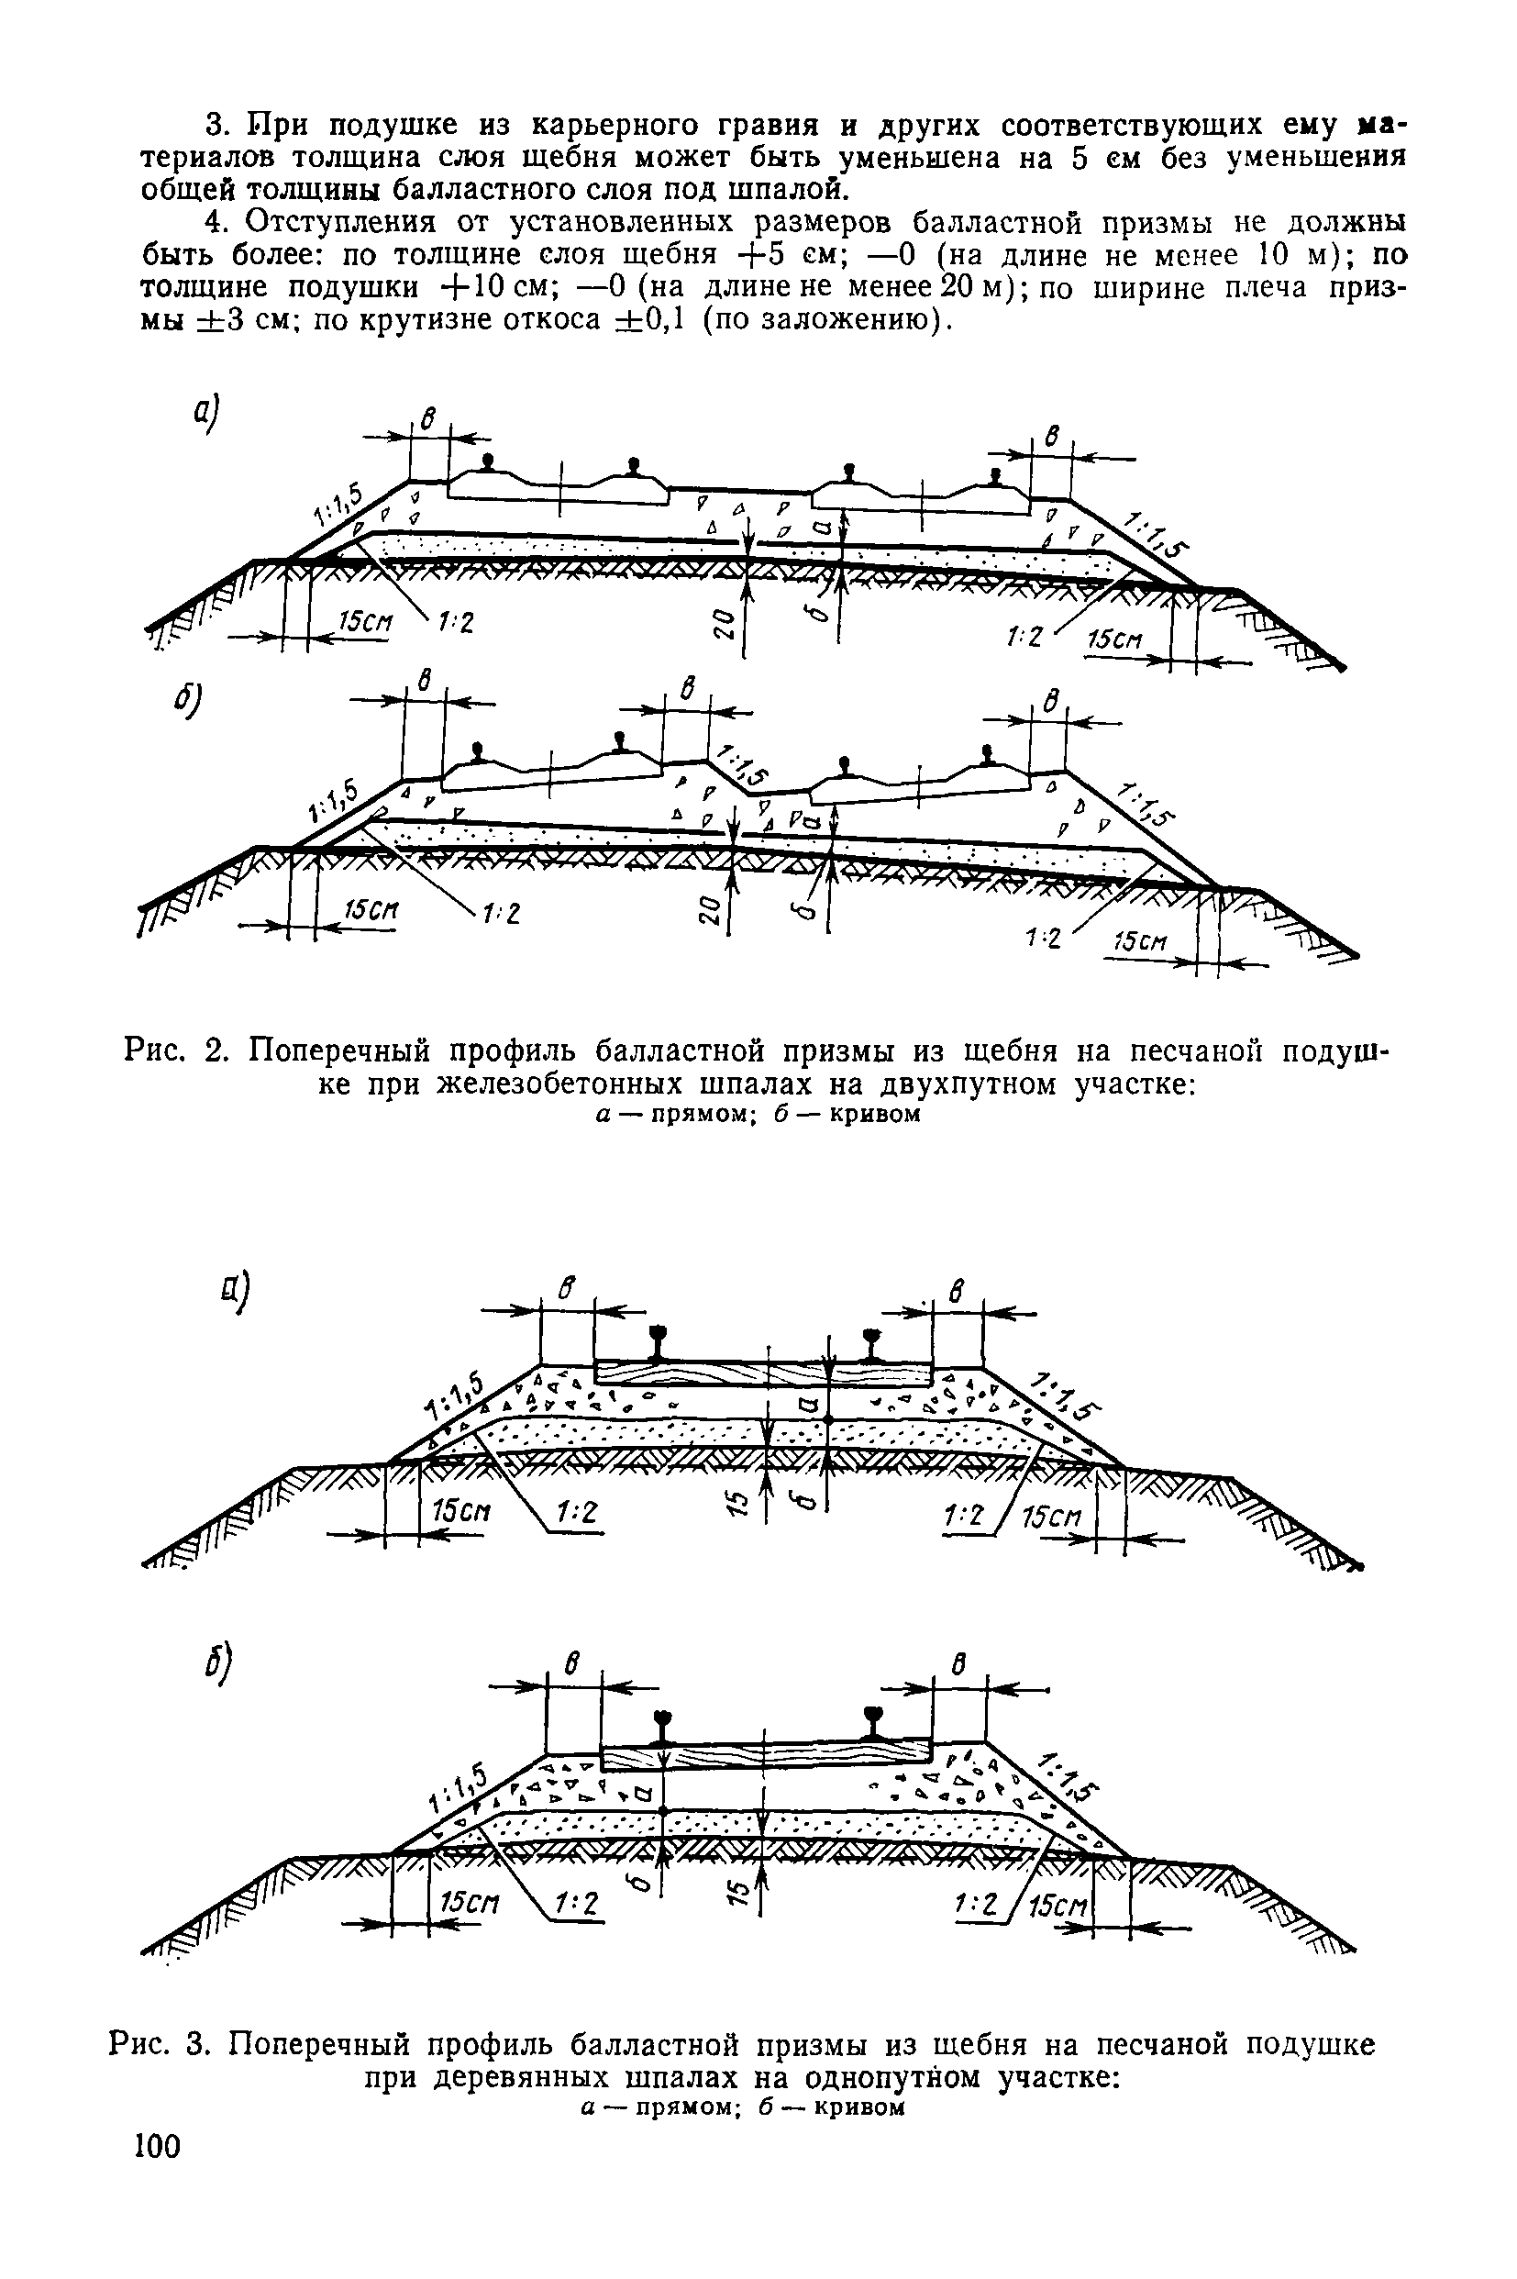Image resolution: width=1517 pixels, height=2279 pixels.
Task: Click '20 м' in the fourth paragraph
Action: click(x=958, y=288)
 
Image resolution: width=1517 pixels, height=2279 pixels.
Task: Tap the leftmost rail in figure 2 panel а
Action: click(x=489, y=462)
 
